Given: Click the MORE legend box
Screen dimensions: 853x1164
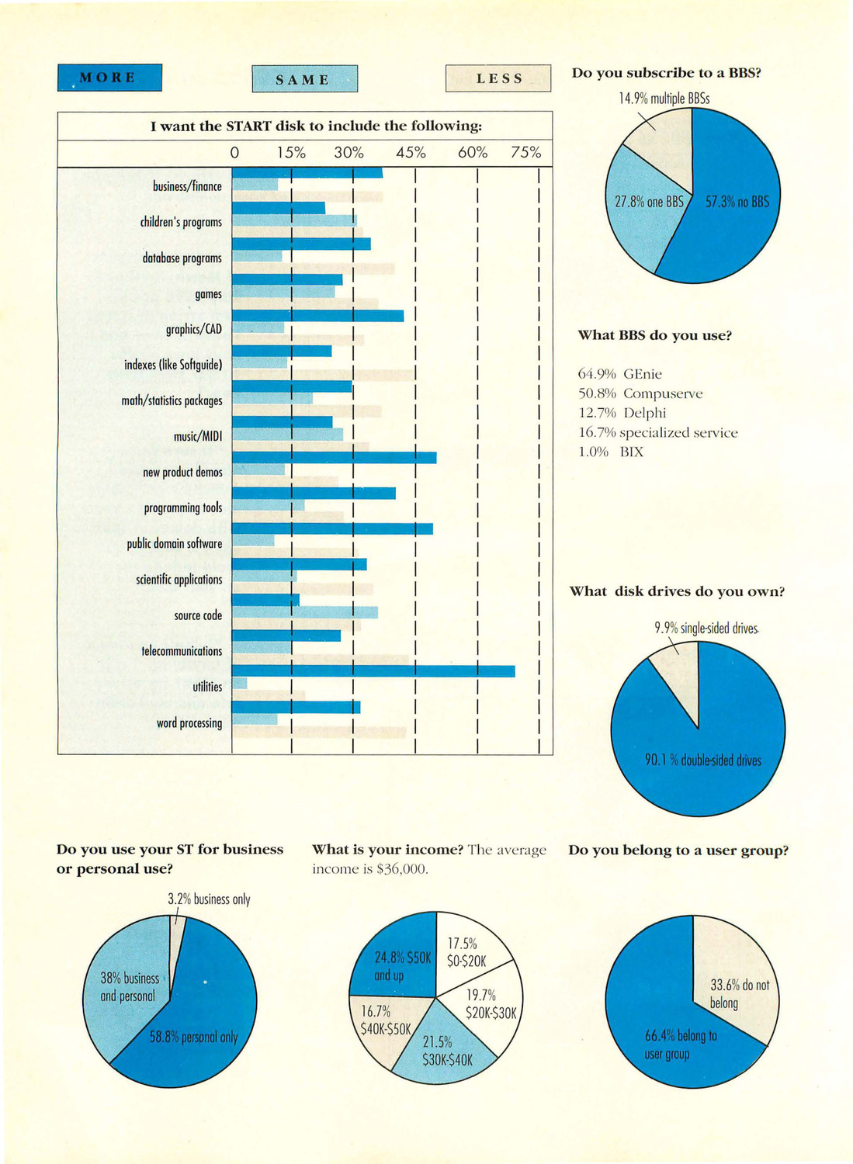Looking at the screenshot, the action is (x=109, y=78).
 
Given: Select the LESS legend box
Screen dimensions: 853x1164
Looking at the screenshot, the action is (x=498, y=78).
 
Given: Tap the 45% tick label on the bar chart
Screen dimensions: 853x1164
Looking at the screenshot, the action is (x=411, y=153).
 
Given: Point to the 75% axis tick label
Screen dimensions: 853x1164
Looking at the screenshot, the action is (x=525, y=153).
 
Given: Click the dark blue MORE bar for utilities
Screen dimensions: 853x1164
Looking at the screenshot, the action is (x=373, y=671).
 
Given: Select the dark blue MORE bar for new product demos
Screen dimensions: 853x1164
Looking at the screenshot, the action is (x=335, y=457).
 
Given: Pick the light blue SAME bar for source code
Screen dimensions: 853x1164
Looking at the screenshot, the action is (x=304, y=612).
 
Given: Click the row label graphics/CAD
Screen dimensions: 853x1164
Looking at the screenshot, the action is (x=194, y=330).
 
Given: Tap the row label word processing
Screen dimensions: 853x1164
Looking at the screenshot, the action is (x=189, y=722).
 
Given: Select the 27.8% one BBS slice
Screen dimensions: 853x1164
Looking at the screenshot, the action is (x=644, y=208).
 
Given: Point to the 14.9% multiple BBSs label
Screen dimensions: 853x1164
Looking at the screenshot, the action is (x=664, y=99).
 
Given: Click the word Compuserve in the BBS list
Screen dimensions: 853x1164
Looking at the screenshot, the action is (x=663, y=393).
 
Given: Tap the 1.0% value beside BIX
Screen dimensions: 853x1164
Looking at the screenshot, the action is (x=593, y=452).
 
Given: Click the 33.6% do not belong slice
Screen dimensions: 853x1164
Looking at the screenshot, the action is (x=738, y=987).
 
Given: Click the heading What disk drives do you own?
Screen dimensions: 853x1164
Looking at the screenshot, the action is (x=677, y=591).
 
